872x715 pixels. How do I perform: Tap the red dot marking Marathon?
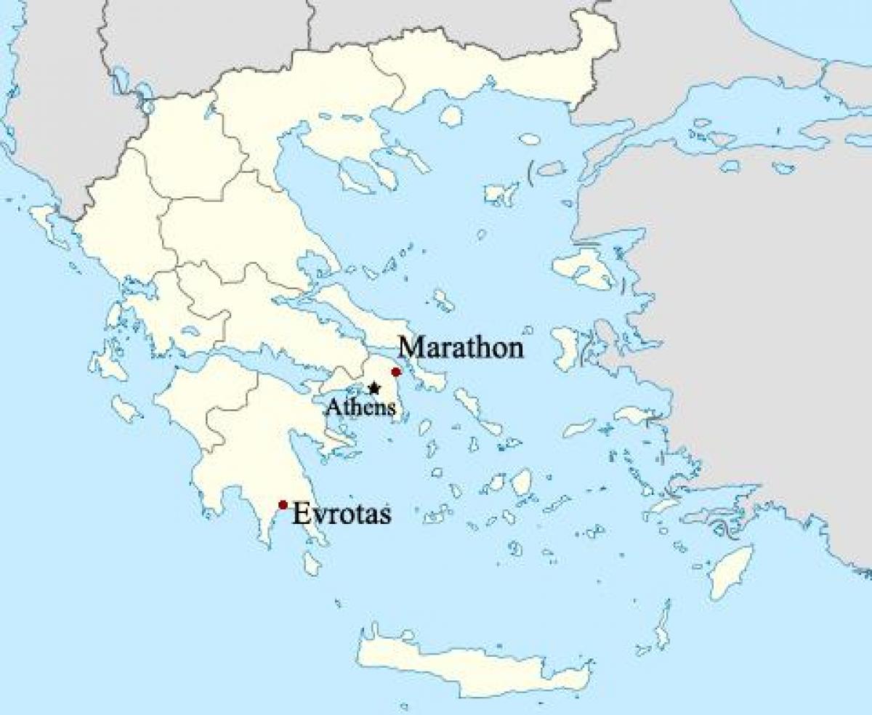coord(396,372)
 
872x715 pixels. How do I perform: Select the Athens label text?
coord(360,407)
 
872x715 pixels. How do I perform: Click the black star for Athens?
coord(374,388)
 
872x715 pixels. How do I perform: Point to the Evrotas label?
coord(342,514)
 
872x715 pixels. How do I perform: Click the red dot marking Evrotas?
coord(283,505)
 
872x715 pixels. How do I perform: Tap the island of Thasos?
coord(451,116)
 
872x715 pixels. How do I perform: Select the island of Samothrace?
coord(530,138)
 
